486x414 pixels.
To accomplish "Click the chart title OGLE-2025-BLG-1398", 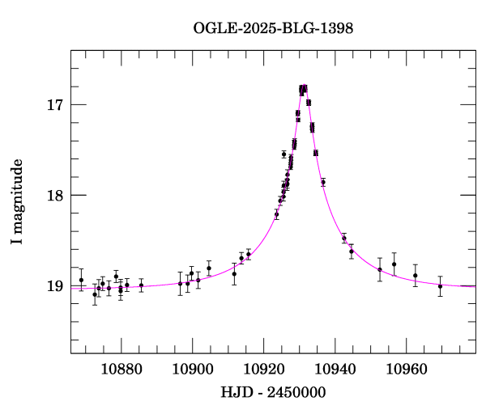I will (x=273, y=27).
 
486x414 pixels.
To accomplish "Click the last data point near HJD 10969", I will (x=440, y=286).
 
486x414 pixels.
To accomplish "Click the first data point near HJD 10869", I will (x=81, y=280).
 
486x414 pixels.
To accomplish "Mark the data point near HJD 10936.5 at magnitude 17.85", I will (x=323, y=182).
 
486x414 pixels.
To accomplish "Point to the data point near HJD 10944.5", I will (x=352, y=251).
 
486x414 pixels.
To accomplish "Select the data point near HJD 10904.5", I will (x=209, y=268).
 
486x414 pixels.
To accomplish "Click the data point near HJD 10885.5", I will (x=141, y=285).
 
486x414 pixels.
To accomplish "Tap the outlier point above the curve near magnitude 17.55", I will (x=283, y=154).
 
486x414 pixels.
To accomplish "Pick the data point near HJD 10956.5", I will (x=394, y=264).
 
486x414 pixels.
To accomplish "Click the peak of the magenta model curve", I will (x=304, y=87).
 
